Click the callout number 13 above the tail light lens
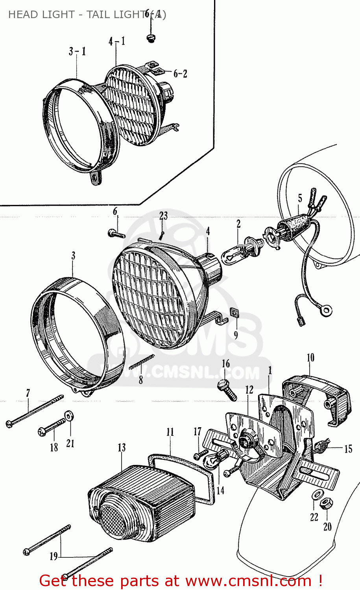pos(122,448)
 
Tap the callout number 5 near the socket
pos(300,198)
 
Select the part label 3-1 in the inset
pos(77,52)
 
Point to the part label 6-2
pos(180,74)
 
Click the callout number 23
pos(163,216)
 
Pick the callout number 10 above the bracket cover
pos(310,358)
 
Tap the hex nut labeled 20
pos(326,503)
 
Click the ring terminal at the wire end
pos(326,312)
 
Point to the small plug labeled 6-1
pos(151,38)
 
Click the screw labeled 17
pos(200,455)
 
